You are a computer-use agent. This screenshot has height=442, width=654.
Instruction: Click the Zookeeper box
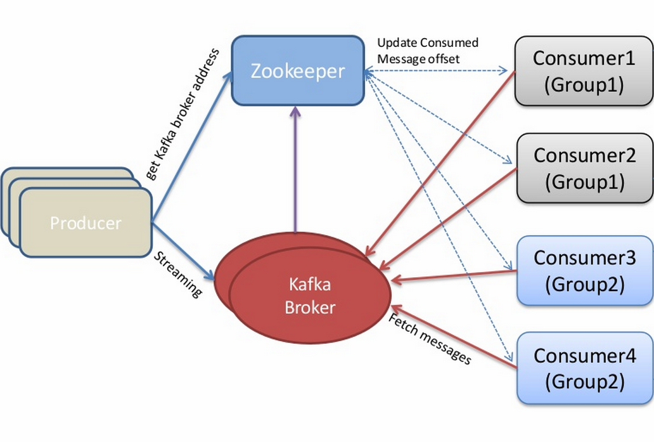coord(298,70)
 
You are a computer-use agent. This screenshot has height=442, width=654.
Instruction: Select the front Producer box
coord(86,223)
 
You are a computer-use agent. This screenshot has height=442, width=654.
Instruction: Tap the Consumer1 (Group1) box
coord(584,70)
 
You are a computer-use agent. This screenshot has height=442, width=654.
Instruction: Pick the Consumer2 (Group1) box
coord(584,168)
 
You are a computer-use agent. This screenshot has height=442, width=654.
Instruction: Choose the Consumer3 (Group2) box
coord(584,270)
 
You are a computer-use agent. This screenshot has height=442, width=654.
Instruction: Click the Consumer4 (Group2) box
coord(584,368)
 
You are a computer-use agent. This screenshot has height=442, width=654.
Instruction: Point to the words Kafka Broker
coord(309,296)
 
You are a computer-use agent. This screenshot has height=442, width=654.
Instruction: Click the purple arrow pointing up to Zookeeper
coord(295,171)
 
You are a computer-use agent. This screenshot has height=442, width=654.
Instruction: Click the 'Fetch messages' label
coord(430,339)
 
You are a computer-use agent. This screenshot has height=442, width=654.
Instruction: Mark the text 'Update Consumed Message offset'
coord(427,50)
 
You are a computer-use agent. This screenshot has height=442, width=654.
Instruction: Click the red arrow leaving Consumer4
coord(456,337)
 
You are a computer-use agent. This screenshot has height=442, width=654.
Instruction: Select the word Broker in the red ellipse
coord(309,308)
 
